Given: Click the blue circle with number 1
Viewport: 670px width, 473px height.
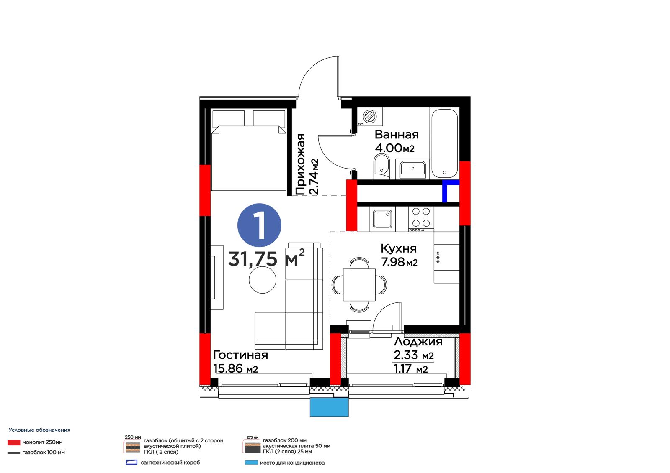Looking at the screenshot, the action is [x=259, y=225].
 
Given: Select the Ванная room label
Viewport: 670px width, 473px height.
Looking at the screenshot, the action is [x=397, y=135].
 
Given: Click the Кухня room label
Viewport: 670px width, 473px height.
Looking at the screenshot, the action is [x=398, y=248].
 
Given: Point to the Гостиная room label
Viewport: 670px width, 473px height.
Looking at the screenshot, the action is [x=240, y=355].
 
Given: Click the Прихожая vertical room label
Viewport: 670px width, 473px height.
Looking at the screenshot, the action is [x=300, y=164].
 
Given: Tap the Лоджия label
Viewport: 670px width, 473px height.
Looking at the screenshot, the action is [x=418, y=342].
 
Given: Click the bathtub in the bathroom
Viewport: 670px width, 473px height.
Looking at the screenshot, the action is [x=444, y=143].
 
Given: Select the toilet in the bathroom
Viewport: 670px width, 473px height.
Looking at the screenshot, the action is [x=382, y=166].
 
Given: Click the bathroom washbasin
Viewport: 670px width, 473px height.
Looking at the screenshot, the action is [x=413, y=168].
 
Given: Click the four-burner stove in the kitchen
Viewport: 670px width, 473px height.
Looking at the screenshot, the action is [x=421, y=219].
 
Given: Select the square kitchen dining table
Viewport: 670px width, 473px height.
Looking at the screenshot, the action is [x=359, y=285].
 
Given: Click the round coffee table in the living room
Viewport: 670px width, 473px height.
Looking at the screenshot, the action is [x=262, y=280].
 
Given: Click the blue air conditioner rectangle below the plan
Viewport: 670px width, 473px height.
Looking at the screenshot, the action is [x=329, y=407].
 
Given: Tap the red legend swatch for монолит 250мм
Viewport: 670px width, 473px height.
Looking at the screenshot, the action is [x=14, y=442].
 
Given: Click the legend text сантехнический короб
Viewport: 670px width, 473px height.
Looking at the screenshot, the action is [x=170, y=463].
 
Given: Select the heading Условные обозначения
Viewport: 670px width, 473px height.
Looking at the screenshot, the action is [x=39, y=430].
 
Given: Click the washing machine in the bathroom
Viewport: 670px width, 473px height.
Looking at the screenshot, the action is [x=370, y=117].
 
